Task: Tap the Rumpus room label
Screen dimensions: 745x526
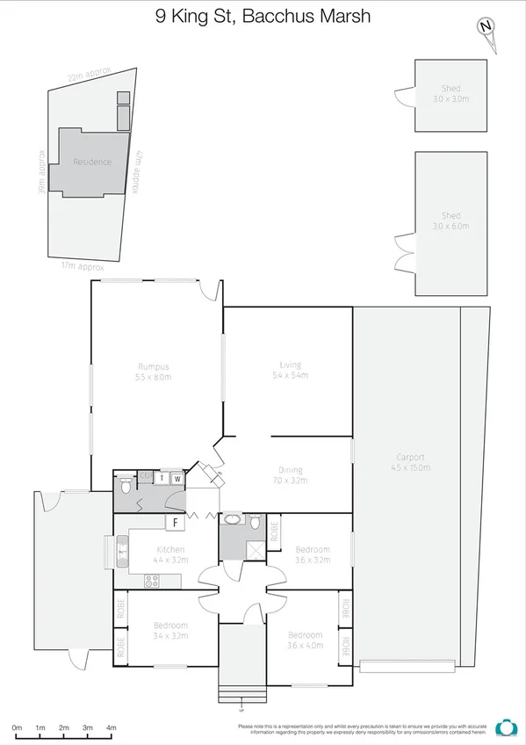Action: (153, 366)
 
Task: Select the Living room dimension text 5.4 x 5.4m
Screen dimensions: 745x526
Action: (290, 375)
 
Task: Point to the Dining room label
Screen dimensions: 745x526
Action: (290, 471)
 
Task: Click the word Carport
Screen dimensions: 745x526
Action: (410, 457)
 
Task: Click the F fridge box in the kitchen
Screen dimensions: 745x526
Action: (176, 523)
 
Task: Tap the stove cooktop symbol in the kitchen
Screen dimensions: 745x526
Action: (151, 580)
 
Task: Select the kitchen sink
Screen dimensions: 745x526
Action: (120, 552)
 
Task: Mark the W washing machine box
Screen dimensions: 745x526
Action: (177, 479)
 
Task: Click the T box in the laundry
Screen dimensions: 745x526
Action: (162, 479)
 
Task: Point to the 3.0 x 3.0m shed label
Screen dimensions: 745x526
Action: (450, 99)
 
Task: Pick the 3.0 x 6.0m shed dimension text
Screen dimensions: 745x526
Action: (450, 226)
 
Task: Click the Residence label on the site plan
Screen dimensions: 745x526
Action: (92, 162)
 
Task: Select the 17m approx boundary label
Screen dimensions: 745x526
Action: (83, 265)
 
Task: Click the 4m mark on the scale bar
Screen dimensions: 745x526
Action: (111, 728)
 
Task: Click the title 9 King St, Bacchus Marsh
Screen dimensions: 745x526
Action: (263, 16)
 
